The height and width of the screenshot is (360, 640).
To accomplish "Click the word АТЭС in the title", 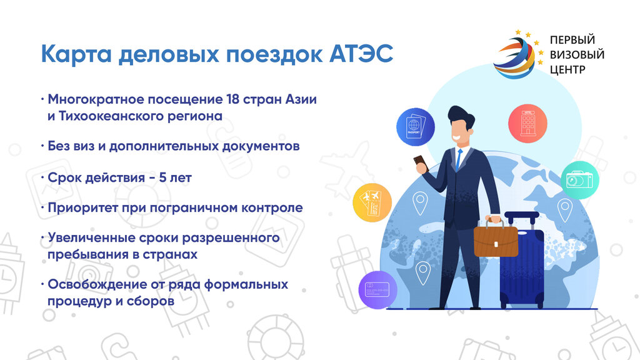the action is pos(361,54).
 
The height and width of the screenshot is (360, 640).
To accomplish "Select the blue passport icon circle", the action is pos(415,127).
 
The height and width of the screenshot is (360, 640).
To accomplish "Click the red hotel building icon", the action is pos(527,123).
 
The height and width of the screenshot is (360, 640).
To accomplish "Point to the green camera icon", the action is pos(579,180).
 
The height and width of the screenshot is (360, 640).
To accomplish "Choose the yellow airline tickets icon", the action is pos(372,203).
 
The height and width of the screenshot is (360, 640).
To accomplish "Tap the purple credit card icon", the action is pos(377,289).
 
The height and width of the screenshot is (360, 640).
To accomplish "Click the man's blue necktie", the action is pos(459,159).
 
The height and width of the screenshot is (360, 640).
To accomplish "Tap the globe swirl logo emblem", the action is pos(514,57).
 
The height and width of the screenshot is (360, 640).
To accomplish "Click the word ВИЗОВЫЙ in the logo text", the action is pos(577,55).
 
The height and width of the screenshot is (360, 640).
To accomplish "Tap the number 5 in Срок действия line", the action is pos(162,177).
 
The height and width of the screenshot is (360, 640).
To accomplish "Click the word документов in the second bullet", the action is pos(261,146).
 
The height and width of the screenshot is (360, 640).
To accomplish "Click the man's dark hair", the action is pos(462,116).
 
